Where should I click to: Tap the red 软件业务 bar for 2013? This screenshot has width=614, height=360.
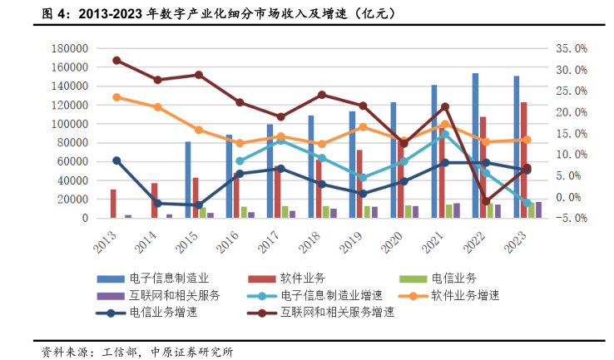pos(113,204)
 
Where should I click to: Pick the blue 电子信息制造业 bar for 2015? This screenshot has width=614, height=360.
pos(188,180)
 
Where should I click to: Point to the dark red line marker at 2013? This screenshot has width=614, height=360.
pos(116,61)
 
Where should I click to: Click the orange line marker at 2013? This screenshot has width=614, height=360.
pos(116,97)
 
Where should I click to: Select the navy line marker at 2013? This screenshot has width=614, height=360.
pos(116,160)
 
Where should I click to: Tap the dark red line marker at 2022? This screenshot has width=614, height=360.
pos(487,201)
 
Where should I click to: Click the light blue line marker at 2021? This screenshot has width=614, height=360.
pos(445,134)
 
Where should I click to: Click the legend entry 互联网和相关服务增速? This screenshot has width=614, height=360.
pos(347,312)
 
